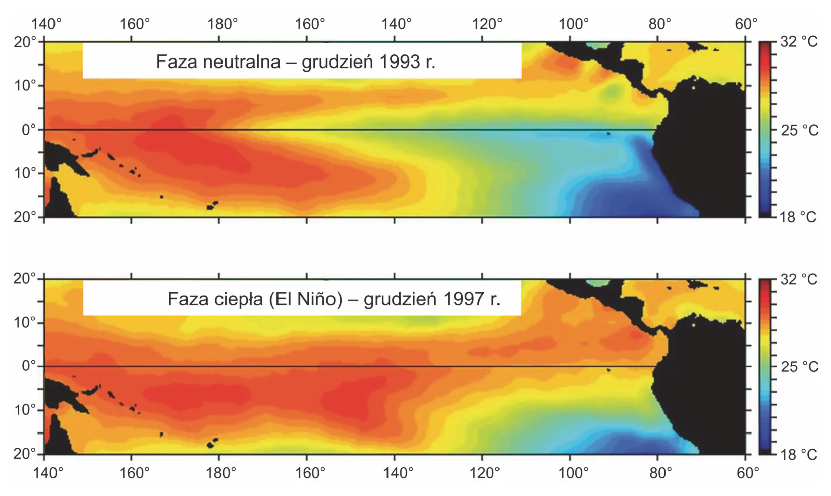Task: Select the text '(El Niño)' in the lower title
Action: [x=306, y=299]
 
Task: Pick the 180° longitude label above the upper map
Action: [x=222, y=25]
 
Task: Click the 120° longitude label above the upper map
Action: [x=487, y=25]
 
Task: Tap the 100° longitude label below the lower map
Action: [x=574, y=473]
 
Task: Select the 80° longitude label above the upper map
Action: [x=659, y=25]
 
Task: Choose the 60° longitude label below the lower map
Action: [x=747, y=473]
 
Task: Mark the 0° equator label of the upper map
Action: [x=29, y=130]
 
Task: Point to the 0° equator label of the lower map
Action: [x=29, y=366]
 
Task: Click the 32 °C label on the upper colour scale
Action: [x=799, y=42]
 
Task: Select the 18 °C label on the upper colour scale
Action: [x=798, y=217]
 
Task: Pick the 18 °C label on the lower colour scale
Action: [x=798, y=455]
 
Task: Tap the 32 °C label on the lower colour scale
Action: [x=799, y=279]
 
